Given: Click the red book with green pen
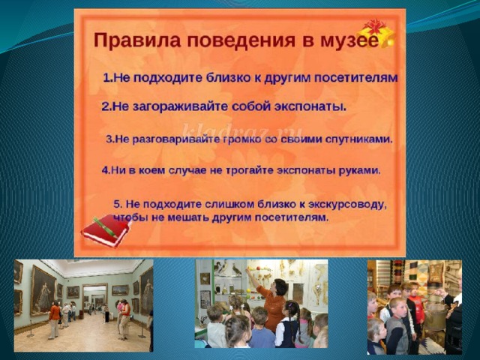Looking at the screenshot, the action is click(x=106, y=230).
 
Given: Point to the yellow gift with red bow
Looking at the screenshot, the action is click(x=376, y=32).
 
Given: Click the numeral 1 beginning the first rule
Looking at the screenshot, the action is click(x=106, y=78).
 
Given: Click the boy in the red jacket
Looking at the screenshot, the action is click(x=415, y=303).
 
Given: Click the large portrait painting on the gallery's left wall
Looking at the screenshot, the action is click(x=43, y=290).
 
